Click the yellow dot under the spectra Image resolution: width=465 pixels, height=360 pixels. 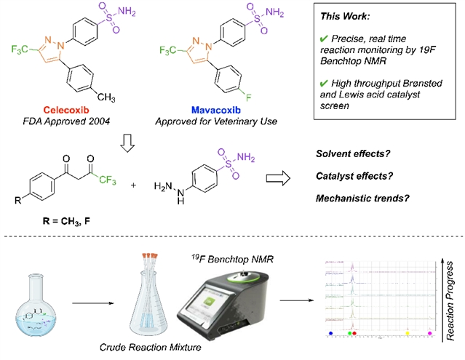click(408, 332)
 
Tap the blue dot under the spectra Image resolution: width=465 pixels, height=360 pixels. click(332, 332)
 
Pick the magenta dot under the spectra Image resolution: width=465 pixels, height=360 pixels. click(430, 332)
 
